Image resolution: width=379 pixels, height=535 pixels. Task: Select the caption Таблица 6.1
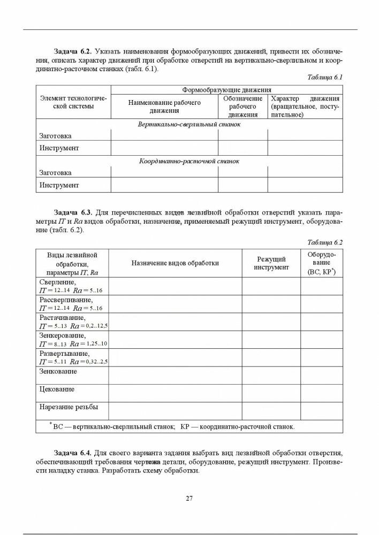coord(324,77)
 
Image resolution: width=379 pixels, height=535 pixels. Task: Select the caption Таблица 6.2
coord(324,242)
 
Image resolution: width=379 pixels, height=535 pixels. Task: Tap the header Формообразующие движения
coord(226,90)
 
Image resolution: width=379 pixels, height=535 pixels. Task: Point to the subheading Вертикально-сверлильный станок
coord(189,124)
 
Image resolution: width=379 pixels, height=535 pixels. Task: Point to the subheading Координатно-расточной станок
coord(189,161)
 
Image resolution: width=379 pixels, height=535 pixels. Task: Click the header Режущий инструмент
coord(271,263)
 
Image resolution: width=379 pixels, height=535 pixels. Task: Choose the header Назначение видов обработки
coord(175,263)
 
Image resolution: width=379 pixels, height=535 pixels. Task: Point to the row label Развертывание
coord(65,354)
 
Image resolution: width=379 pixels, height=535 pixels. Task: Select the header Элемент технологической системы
coord(73,102)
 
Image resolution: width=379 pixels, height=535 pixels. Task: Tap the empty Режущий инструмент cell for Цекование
coord(271,393)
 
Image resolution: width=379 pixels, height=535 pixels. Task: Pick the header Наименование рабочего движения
coord(164,106)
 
